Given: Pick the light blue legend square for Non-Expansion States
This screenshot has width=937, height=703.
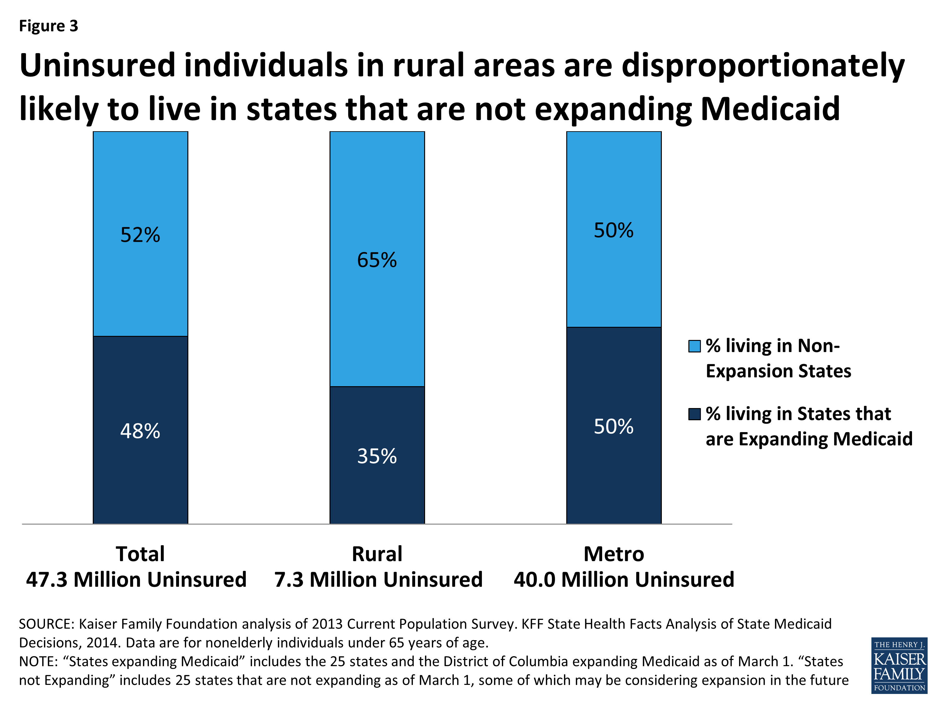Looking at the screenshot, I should (x=694, y=346).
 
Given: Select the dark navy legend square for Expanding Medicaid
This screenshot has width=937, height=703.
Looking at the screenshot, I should (x=694, y=414).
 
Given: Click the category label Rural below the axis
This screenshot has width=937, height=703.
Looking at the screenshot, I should (x=377, y=554).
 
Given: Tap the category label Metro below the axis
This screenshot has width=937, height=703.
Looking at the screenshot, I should (x=614, y=554).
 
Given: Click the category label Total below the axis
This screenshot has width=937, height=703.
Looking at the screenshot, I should (x=140, y=554).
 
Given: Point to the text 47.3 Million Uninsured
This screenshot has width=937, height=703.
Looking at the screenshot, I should (x=136, y=579).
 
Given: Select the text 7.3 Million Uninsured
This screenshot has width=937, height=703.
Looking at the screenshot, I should (x=378, y=579).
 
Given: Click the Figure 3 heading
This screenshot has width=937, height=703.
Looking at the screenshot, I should (x=49, y=26).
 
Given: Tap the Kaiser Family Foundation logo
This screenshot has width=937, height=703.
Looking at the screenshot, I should (x=899, y=665).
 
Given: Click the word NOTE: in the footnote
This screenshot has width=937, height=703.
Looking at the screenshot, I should (x=38, y=661).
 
